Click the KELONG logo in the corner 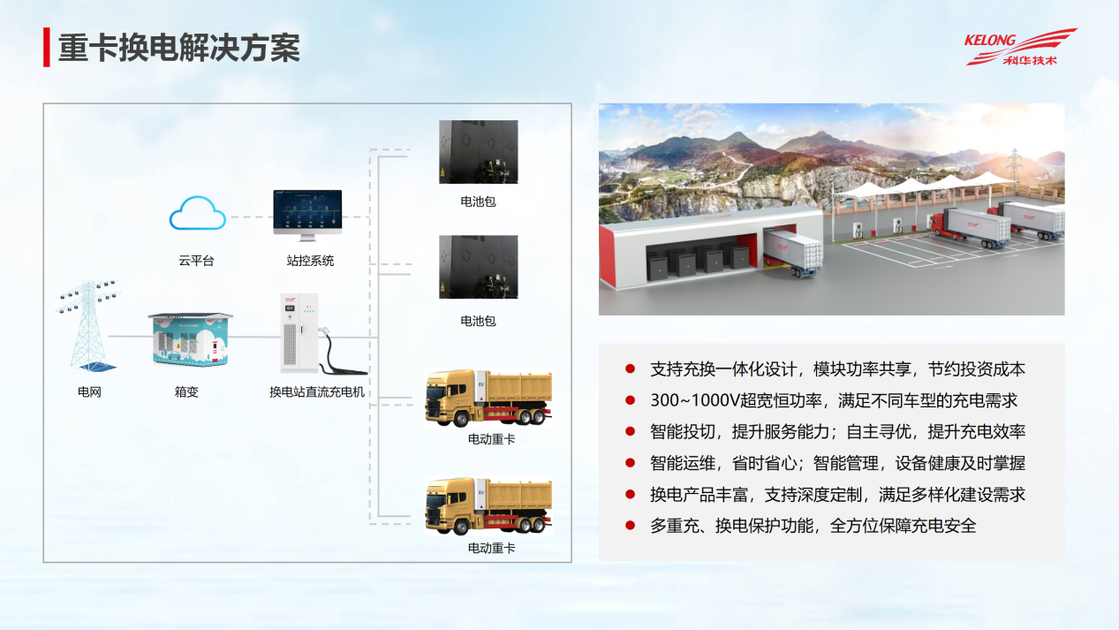pos(1020,47)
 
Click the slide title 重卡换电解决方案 pos(178,48)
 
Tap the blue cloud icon pos(197,213)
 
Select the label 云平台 pos(196,261)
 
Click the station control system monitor pos(307,215)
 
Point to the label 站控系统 pos(310,261)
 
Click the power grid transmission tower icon pos(89,326)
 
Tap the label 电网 pos(89,391)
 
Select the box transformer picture pos(191,339)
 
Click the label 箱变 pos(186,391)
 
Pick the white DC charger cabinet pos(299,333)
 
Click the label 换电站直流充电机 pos(317,391)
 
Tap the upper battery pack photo pos(479,152)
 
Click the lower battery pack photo pos(479,267)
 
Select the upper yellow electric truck pos(488,398)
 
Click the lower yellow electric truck pos(488,506)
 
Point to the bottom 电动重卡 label pos(491,548)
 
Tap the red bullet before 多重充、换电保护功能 pos(630,525)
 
